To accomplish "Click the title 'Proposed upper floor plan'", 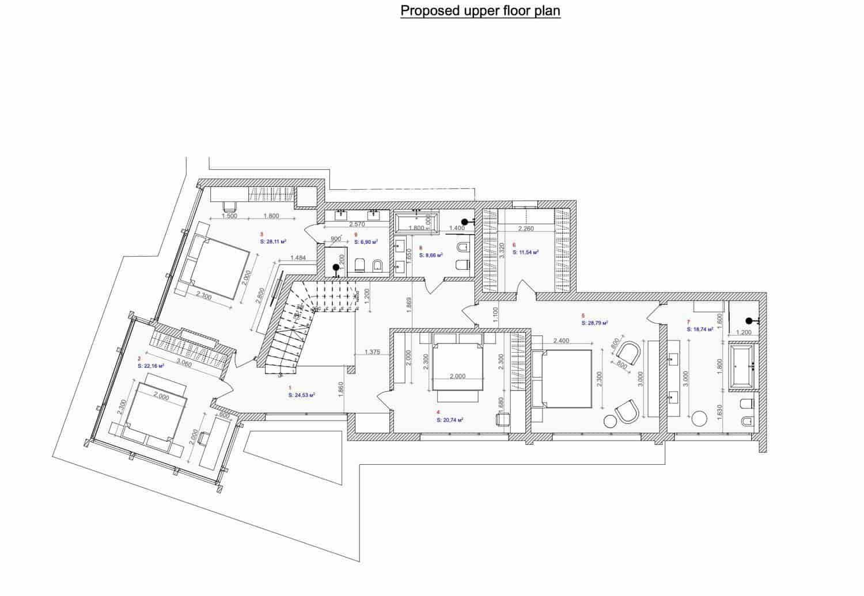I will tap(480, 11).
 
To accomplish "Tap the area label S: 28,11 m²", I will tap(274, 242).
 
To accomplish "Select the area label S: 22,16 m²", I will tap(151, 365).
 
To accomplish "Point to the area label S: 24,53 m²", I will tap(301, 395).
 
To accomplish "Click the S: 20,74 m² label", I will tap(450, 420).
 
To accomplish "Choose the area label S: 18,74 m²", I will tap(700, 330).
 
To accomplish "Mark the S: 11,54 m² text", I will tap(525, 252).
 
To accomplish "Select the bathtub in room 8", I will tap(417, 221).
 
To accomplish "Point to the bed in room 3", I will tap(213, 268).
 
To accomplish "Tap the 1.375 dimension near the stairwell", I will tap(372, 353).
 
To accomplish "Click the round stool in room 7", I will tap(699, 419).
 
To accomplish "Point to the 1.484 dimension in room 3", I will tap(298, 258).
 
